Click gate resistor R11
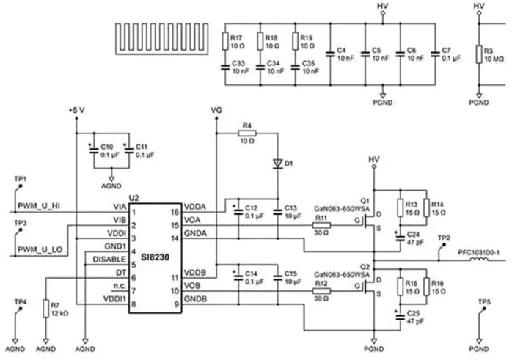point(321,226)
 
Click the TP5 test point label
point(483,302)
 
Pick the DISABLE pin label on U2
point(110,259)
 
